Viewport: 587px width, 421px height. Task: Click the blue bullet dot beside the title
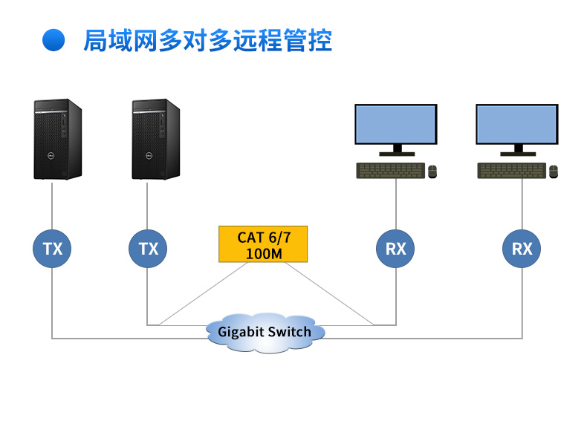[53, 40]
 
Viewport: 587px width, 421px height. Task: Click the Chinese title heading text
[207, 40]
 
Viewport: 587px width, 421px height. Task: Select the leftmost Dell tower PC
[57, 139]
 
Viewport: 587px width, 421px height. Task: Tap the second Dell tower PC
[156, 139]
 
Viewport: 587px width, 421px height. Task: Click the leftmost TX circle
[52, 248]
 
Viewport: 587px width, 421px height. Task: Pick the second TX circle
[149, 248]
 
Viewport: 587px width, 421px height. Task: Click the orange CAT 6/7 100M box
[263, 245]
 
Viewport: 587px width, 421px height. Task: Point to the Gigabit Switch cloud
[265, 331]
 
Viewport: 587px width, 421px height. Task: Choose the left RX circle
[395, 248]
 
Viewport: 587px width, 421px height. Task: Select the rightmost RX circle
[522, 248]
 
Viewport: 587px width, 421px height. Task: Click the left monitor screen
[395, 124]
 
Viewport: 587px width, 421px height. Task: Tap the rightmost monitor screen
[516, 124]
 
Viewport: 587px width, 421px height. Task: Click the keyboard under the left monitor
[391, 171]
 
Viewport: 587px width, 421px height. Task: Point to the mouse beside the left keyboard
[432, 172]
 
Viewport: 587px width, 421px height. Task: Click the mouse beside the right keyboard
[553, 172]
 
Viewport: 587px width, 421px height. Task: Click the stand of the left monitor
[395, 150]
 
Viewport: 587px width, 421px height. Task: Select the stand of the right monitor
[516, 150]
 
